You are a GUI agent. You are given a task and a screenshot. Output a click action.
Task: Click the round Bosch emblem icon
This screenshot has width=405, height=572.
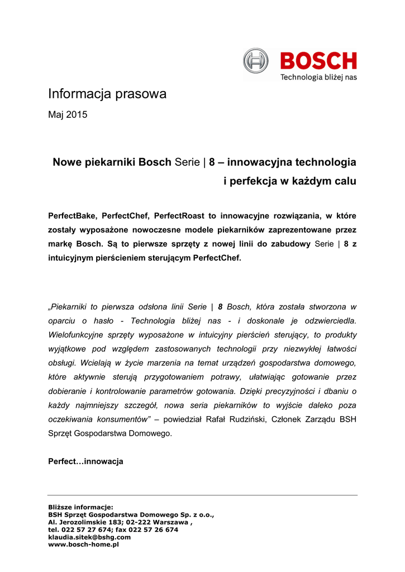point(256,61)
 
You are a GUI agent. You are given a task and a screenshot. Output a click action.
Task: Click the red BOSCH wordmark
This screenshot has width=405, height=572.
point(318,61)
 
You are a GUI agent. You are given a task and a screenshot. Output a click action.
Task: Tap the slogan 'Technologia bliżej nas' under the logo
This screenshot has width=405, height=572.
point(318,77)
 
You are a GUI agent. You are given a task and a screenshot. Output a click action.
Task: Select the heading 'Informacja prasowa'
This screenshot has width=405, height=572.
point(107,94)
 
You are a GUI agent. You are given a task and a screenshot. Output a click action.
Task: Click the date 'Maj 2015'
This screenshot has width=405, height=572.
point(68,115)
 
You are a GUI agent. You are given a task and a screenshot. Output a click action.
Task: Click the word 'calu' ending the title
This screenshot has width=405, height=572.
point(345,182)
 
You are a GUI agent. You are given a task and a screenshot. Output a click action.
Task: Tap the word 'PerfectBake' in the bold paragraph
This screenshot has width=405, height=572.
point(70,216)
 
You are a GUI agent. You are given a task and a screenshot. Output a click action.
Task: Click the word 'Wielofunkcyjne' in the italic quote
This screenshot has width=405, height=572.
point(75,335)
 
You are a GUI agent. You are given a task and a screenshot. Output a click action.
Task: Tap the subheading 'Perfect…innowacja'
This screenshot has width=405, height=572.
point(85,462)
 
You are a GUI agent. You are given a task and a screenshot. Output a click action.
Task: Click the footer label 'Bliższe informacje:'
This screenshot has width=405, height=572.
point(80,507)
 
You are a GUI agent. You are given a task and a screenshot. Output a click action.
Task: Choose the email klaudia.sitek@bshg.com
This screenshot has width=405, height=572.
point(89,537)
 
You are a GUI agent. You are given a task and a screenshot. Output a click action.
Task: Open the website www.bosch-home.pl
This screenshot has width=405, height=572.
point(84,544)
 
